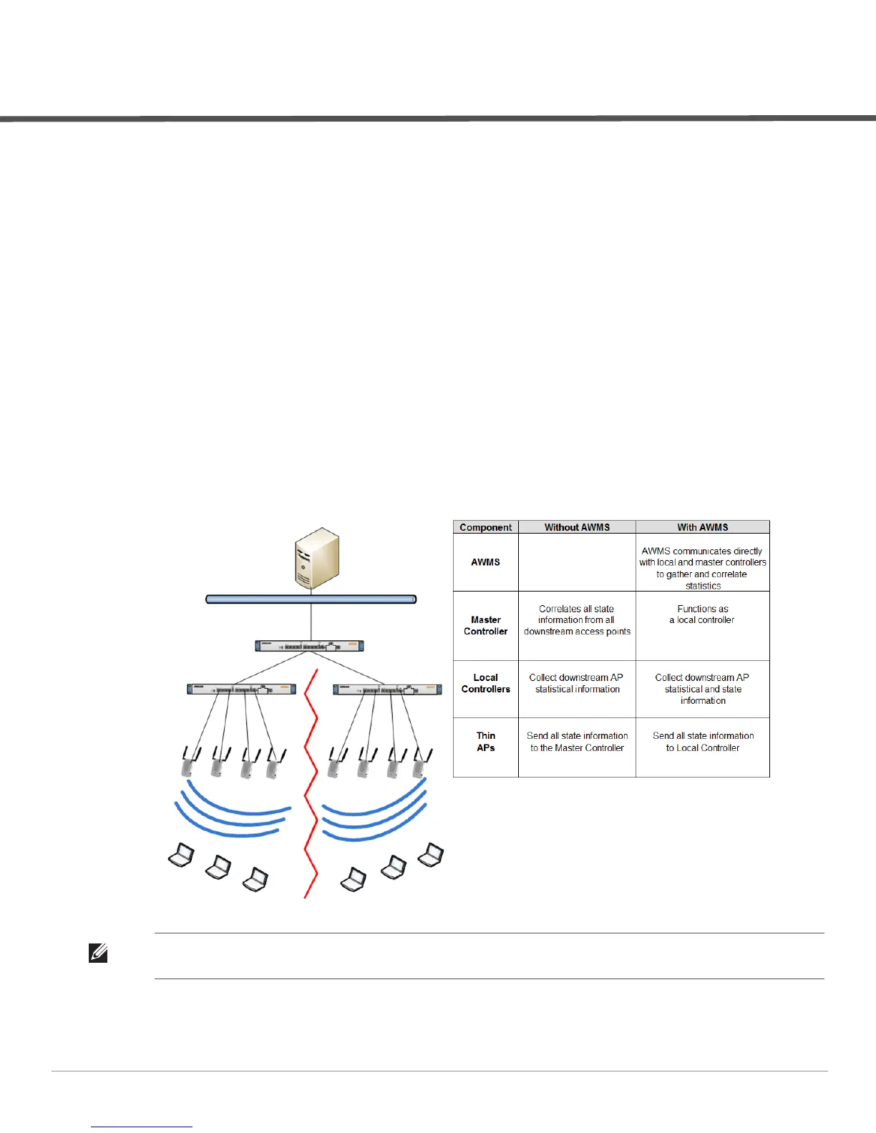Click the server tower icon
(x=316, y=559)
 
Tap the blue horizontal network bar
(x=311, y=599)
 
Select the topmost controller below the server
(x=310, y=646)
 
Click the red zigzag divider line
(x=310, y=787)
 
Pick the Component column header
(x=486, y=527)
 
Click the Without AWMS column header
(x=577, y=527)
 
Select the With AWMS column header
(x=703, y=527)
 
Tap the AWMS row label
(x=485, y=562)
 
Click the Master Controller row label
(x=485, y=625)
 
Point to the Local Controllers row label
(x=485, y=683)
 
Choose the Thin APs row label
(x=485, y=742)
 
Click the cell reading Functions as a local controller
(x=703, y=614)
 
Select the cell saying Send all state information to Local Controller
(x=703, y=742)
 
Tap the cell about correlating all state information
(x=577, y=620)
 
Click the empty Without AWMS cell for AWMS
(x=577, y=562)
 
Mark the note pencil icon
(x=98, y=953)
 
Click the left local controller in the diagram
(x=242, y=690)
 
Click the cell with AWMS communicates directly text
(x=703, y=568)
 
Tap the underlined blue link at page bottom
(x=142, y=1127)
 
